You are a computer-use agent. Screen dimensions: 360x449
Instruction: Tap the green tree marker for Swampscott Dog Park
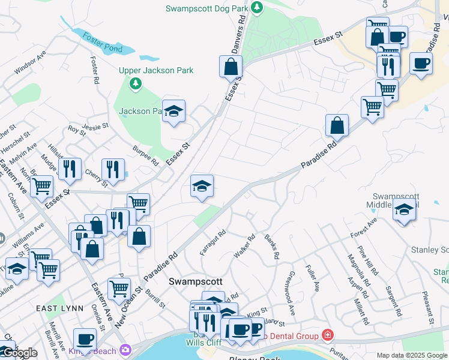258,8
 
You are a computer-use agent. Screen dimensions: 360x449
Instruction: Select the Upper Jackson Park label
156,70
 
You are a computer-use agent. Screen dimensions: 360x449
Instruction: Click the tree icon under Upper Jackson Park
136,83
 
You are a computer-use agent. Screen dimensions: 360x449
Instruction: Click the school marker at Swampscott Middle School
404,211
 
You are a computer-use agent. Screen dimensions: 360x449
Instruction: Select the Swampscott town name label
196,281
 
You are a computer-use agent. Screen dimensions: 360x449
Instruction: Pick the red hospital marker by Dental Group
327,334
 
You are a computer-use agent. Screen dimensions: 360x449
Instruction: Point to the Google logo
20,353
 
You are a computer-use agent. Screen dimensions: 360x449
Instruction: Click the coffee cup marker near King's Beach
85,340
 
